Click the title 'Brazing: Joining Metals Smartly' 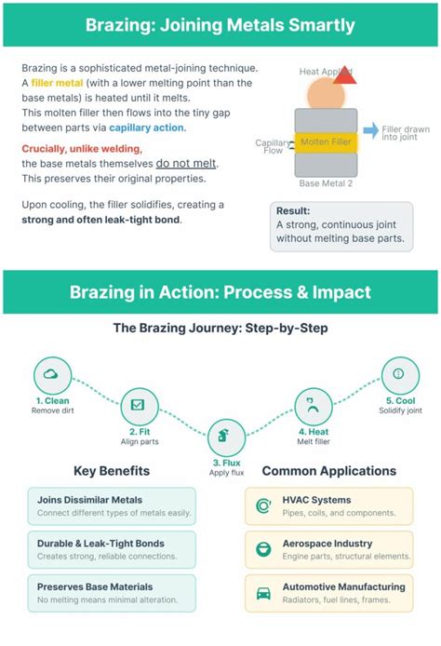coord(220,24)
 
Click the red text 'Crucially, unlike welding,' coord(82,149)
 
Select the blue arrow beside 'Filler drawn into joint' coord(370,131)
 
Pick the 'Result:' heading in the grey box coord(293,211)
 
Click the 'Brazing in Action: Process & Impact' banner coord(220,292)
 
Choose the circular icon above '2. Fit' coord(138,405)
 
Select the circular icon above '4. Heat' coord(314,405)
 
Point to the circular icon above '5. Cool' coord(399,374)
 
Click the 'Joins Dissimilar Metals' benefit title coord(89,500)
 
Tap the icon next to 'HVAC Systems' coord(263,505)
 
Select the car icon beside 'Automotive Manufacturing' coord(263,592)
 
